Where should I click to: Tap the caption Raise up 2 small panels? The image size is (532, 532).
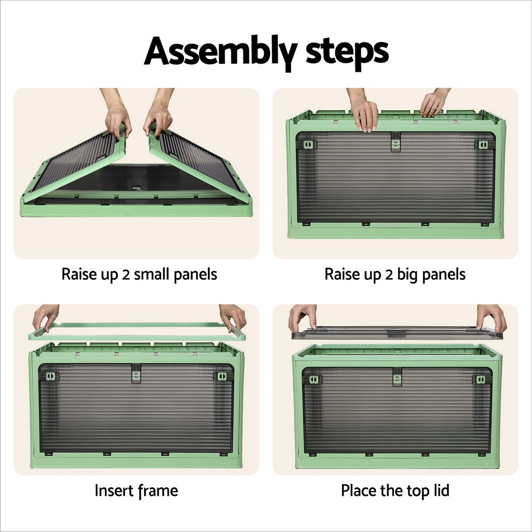pyautogui.click(x=139, y=275)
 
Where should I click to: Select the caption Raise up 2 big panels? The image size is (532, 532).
pyautogui.click(x=395, y=275)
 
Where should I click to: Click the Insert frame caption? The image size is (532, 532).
pyautogui.click(x=136, y=490)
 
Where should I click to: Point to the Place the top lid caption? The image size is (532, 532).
pyautogui.click(x=395, y=490)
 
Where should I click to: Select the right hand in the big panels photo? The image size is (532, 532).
pyautogui.click(x=434, y=103)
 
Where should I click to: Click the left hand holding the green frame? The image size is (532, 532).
pyautogui.click(x=46, y=317)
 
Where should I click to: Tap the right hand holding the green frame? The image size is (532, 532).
pyautogui.click(x=232, y=317)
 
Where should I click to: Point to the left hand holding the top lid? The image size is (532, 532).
pyautogui.click(x=302, y=317)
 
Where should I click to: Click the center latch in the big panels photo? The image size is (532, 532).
pyautogui.click(x=395, y=142)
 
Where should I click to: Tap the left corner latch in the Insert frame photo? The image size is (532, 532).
pyautogui.click(x=51, y=376)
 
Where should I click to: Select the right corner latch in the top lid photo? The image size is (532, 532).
pyautogui.click(x=480, y=379)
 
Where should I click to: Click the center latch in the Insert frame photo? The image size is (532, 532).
pyautogui.click(x=136, y=376)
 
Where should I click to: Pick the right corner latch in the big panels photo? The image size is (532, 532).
pyautogui.click(x=482, y=145)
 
